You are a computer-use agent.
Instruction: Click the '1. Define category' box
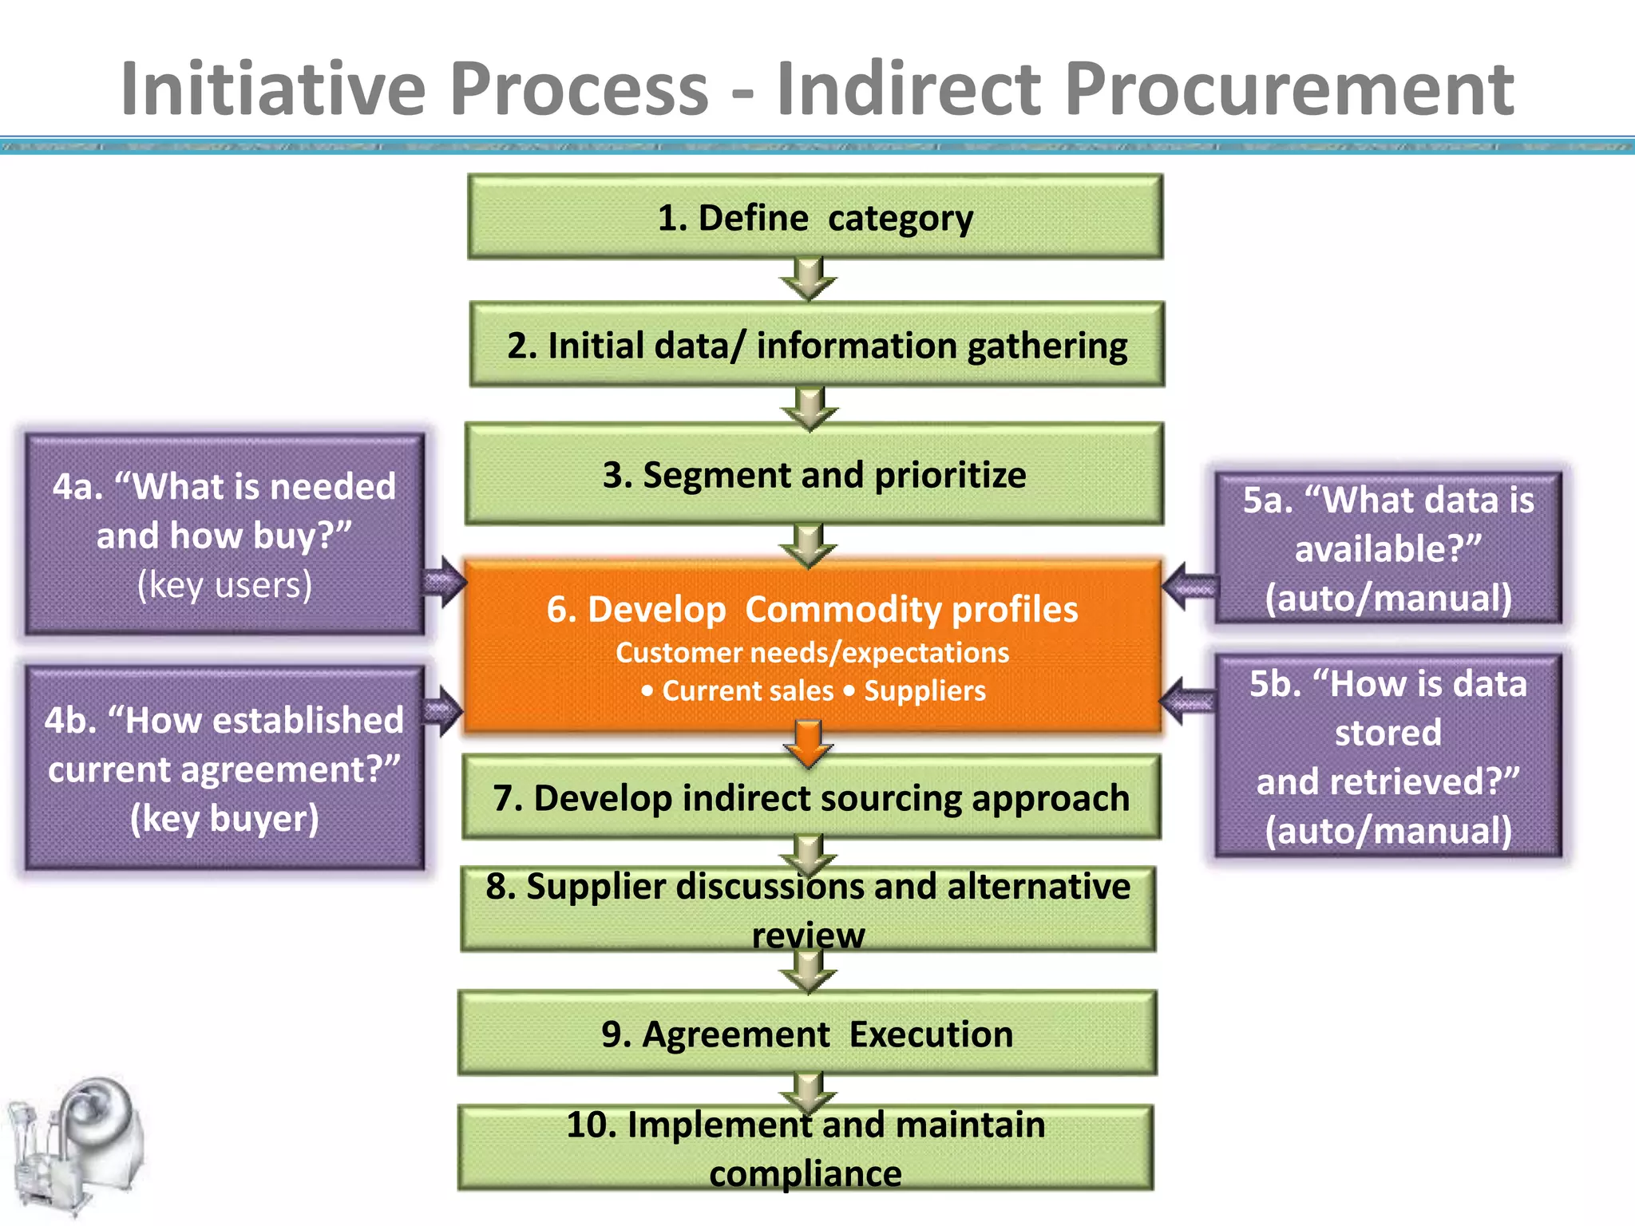[814, 217]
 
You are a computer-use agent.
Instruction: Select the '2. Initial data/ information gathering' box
[816, 345]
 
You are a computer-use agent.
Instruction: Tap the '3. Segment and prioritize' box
[814, 474]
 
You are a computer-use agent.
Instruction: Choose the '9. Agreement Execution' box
[806, 1034]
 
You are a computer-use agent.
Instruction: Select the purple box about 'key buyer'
[224, 768]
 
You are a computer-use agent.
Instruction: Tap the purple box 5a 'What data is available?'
[1388, 548]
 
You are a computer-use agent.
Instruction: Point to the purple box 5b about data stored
[1388, 756]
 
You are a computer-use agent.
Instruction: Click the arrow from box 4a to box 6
[444, 583]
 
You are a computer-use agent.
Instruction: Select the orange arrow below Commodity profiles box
[809, 742]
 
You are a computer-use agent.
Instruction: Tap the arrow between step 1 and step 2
[809, 279]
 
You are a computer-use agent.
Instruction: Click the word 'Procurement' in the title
[1289, 89]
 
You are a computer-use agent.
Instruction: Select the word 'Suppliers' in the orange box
[924, 691]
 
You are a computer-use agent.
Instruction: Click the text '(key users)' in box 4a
[224, 585]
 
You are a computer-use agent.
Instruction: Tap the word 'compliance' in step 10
[805, 1174]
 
